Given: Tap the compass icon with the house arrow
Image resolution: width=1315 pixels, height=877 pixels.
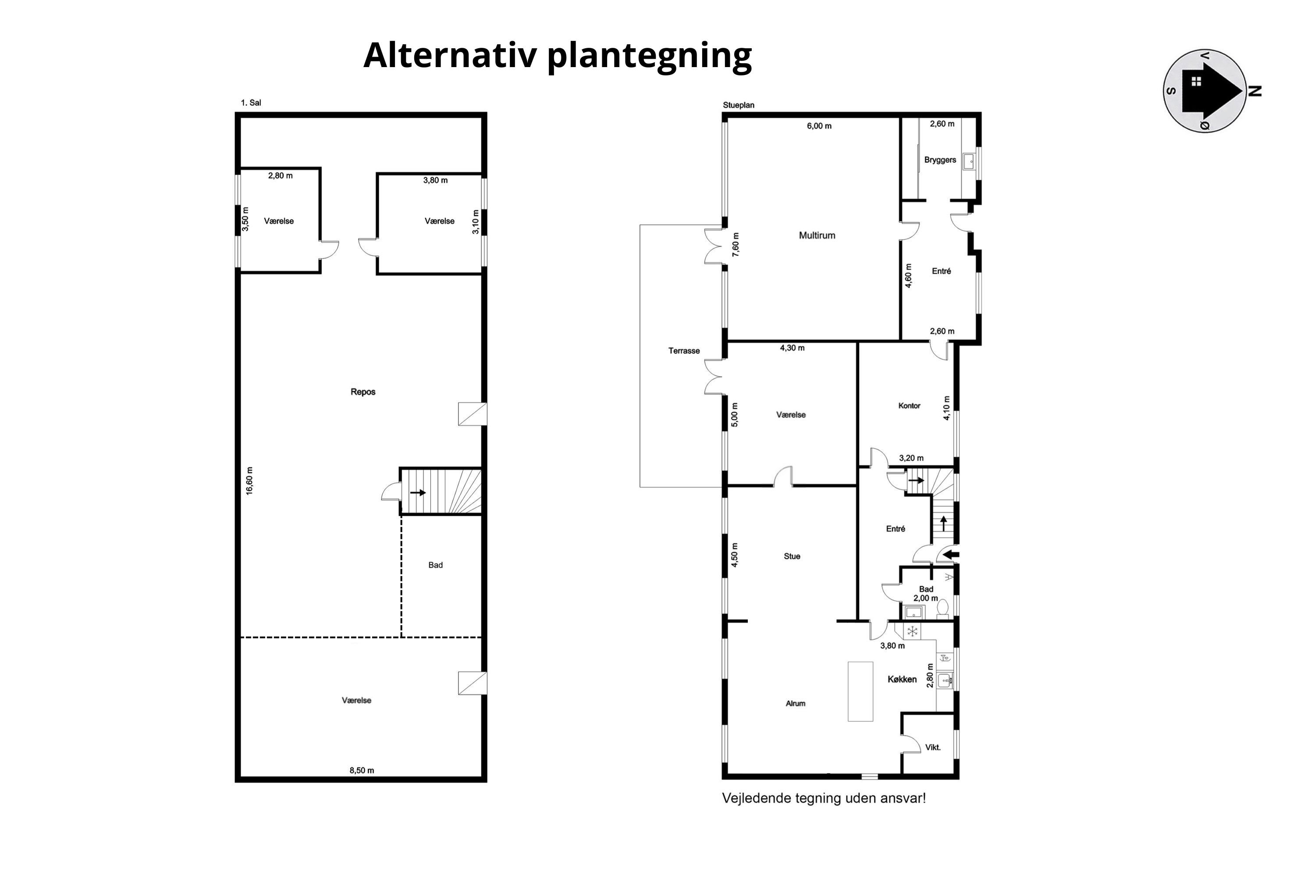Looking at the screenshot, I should (1205, 91).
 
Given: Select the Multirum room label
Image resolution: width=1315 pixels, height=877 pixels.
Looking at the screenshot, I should (817, 235).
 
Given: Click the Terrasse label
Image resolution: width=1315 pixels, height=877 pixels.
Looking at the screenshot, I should (684, 351).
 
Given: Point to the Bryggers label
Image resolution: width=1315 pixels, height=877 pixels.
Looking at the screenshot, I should (940, 160).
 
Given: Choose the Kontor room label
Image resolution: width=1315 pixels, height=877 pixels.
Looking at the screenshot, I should (909, 406).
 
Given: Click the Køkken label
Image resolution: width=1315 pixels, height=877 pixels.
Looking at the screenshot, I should (902, 679).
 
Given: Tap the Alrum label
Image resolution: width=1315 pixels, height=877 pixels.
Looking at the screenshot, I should (795, 703).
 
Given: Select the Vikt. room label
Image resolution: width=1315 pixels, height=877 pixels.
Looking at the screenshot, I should (933, 747).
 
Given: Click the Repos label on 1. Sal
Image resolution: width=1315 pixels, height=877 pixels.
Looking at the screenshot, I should (363, 392).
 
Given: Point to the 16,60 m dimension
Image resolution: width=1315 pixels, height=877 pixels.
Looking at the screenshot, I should (249, 481).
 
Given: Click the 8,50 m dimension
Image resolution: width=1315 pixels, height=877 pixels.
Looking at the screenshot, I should (362, 770).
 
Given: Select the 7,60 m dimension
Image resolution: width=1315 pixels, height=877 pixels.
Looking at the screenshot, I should (736, 244).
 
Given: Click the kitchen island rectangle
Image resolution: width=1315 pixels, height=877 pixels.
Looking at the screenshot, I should (860, 692).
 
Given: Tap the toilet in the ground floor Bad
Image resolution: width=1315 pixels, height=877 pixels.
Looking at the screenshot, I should (943, 607).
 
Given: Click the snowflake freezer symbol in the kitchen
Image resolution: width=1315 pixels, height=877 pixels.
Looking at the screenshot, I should (912, 632).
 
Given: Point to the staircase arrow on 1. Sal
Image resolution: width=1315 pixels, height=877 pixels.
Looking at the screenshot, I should (418, 493).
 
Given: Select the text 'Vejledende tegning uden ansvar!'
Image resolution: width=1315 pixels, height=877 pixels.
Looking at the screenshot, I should (824, 798).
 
